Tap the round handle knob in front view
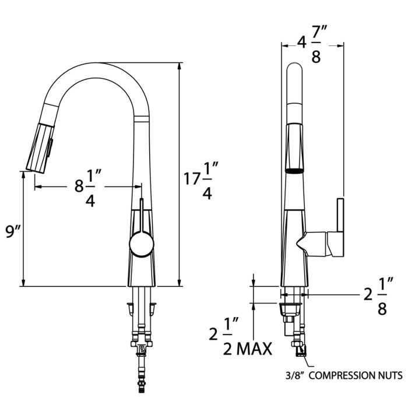141,244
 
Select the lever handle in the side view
338,227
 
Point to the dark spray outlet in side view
294,170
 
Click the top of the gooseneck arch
99,64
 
